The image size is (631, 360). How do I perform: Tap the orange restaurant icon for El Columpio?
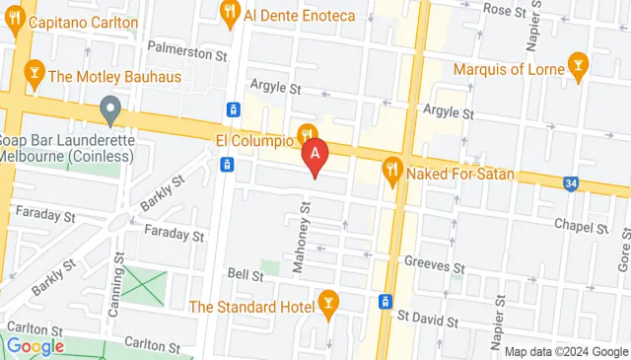pyautogui.click(x=308, y=134)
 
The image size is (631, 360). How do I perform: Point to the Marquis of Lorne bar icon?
pyautogui.click(x=577, y=69)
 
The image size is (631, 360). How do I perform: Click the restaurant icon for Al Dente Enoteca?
pyautogui.click(x=230, y=14)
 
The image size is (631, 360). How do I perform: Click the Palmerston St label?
pyautogui.click(x=186, y=47)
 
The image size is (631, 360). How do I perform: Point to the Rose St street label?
pyautogui.click(x=505, y=10)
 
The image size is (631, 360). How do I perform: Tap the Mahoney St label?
pyautogui.click(x=307, y=237)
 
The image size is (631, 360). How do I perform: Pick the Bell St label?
pyautogui.click(x=244, y=274)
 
